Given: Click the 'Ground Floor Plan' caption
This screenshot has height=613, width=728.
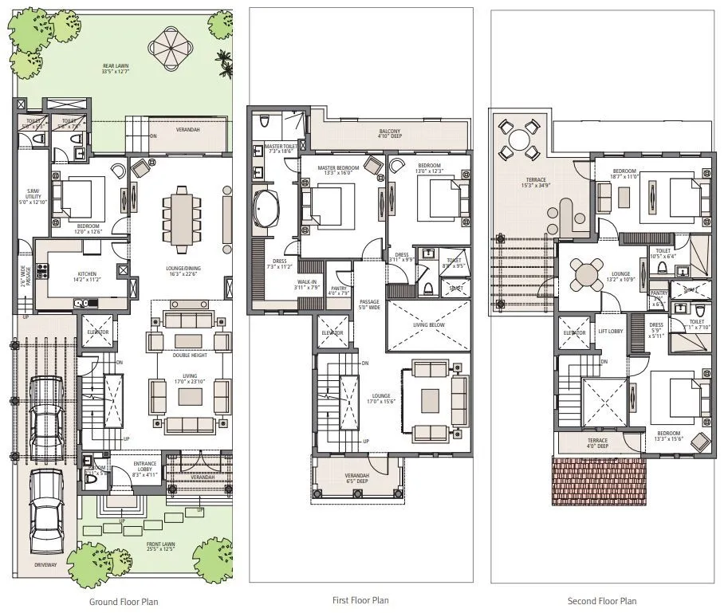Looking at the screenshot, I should pos(123,602).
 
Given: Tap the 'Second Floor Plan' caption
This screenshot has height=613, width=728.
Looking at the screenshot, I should pos(602,601).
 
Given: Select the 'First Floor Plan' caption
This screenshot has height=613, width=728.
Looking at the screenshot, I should pos(360,600).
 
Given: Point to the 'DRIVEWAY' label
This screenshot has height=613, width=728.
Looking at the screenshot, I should pos(45,565).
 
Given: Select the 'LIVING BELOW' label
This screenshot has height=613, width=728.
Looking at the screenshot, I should pos(429,325).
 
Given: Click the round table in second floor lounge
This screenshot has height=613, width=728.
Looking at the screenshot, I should pos(588,275).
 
